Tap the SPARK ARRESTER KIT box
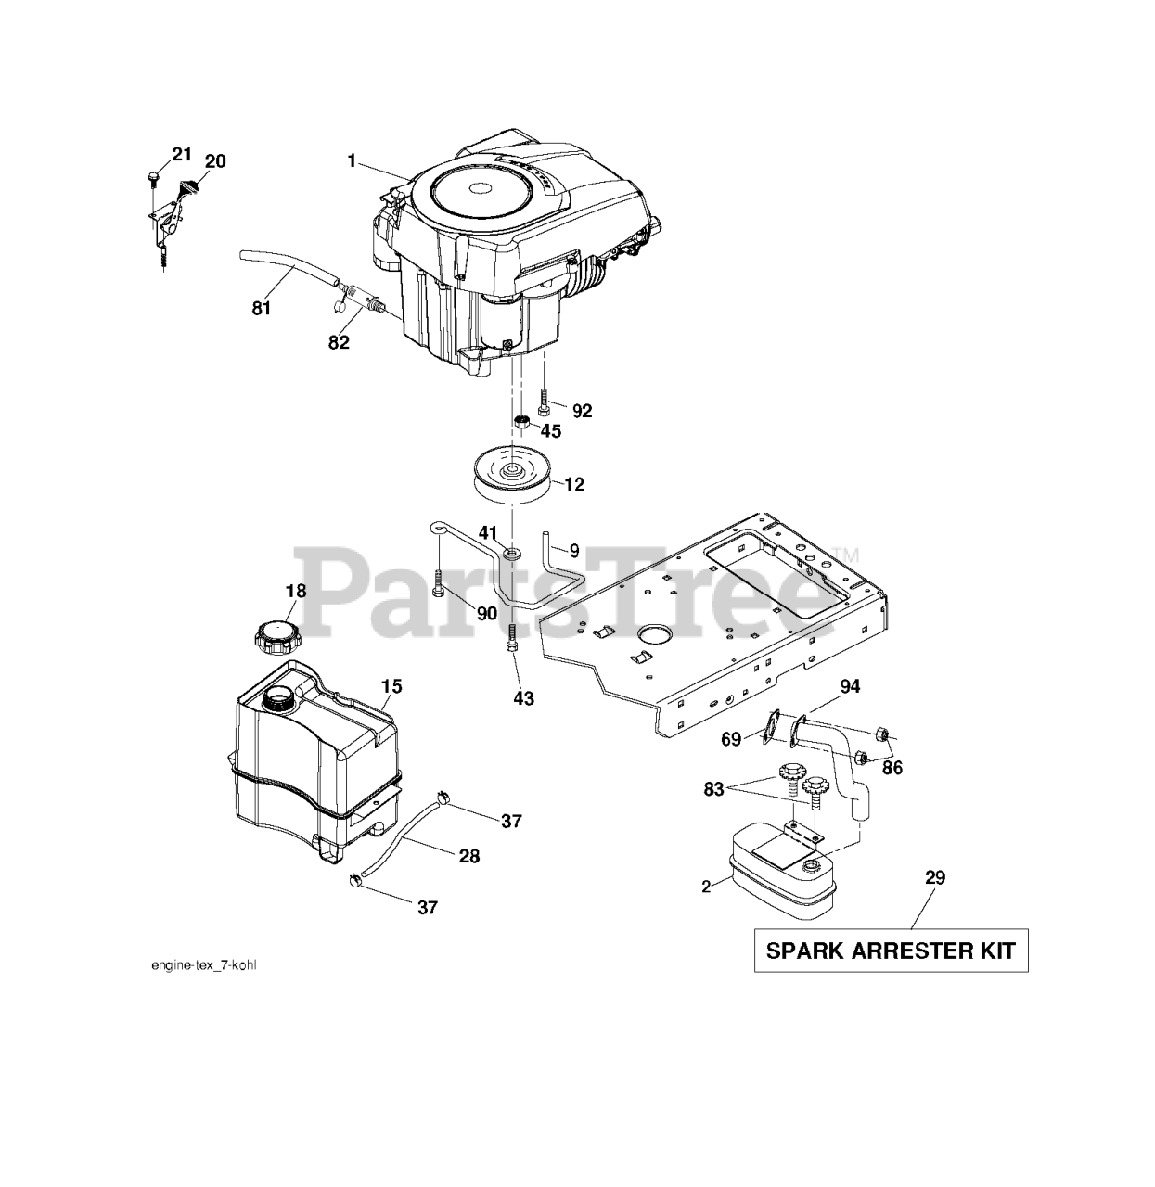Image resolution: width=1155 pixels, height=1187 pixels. point(891,950)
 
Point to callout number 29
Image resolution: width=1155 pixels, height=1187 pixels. point(934,877)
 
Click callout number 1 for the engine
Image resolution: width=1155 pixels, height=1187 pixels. point(352,161)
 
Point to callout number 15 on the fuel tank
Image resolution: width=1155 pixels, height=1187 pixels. point(391,686)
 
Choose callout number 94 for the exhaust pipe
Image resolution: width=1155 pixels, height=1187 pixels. point(850,686)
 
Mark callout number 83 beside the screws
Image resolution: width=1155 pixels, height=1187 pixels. point(712,788)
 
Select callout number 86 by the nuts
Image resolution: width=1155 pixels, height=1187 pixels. point(892,768)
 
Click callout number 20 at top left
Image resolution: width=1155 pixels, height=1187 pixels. point(214,161)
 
